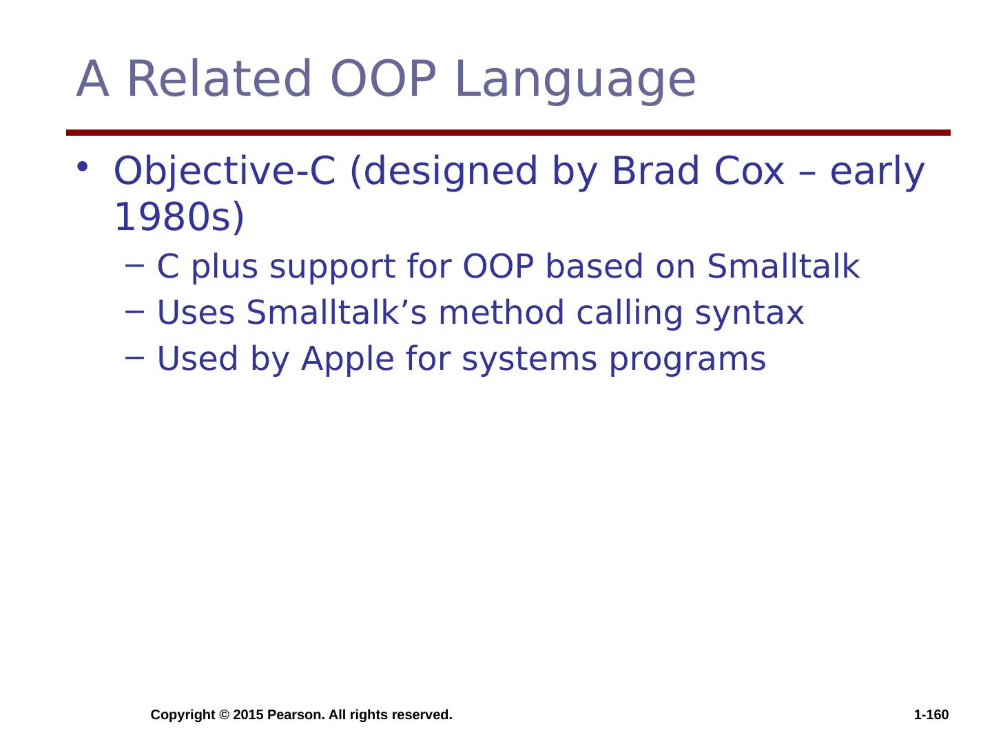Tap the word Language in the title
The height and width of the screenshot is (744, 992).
tap(576, 82)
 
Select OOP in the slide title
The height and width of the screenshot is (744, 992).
tap(384, 79)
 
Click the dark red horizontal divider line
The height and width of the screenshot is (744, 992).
tap(508, 132)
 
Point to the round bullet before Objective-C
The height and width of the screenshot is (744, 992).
tap(82, 167)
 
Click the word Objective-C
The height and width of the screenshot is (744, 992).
tap(225, 172)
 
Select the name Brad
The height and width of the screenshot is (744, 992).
tap(655, 171)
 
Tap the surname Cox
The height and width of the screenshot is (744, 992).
tap(749, 171)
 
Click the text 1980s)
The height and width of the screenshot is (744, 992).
tap(179, 217)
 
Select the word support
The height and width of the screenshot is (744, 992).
tap(333, 269)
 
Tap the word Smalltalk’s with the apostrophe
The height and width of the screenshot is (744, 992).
tap(336, 312)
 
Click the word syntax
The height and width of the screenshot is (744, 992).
tap(750, 315)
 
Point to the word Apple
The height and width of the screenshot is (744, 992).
tap(347, 360)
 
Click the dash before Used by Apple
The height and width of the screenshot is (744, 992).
tap(134, 358)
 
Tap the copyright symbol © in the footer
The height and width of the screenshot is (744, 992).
tap(224, 714)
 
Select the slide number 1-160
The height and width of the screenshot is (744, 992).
tap(931, 714)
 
